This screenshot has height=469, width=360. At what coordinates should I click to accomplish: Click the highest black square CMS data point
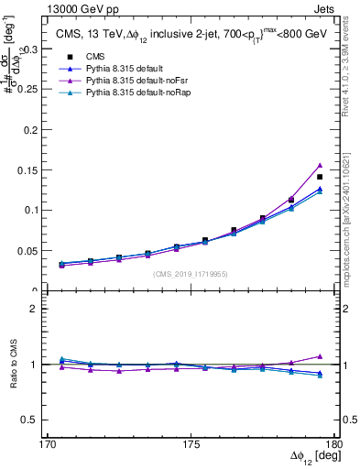(x=320, y=177)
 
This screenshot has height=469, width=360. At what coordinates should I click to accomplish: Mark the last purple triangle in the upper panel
(x=320, y=166)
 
